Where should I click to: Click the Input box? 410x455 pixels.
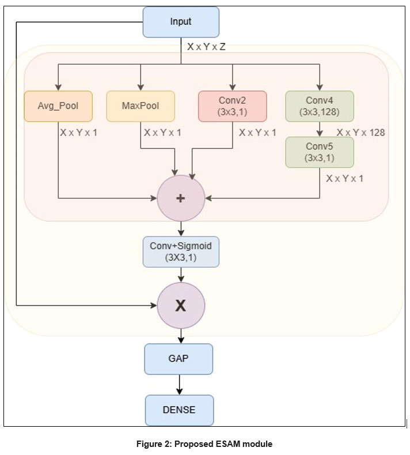tap(181, 22)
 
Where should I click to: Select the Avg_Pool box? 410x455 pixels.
tap(58, 106)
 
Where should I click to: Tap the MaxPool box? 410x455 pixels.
tap(141, 106)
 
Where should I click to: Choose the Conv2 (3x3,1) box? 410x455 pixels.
tap(233, 106)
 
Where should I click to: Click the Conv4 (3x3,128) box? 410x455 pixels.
tap(319, 106)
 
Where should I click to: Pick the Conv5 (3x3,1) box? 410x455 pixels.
tap(319, 152)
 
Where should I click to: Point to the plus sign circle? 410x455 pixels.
tap(180, 198)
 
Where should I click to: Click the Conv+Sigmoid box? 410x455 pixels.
tap(181, 251)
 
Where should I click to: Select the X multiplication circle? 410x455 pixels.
tap(181, 306)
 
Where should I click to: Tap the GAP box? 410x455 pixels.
tap(179, 358)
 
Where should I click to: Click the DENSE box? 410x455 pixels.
tap(179, 410)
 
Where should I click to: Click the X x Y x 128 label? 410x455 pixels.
tap(360, 133)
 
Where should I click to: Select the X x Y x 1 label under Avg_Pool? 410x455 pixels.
tap(78, 133)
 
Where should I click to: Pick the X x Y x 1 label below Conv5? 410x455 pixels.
tap(344, 179)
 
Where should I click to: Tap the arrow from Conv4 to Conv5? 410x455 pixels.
tap(319, 129)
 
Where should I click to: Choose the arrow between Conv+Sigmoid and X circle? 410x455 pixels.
tap(181, 275)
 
